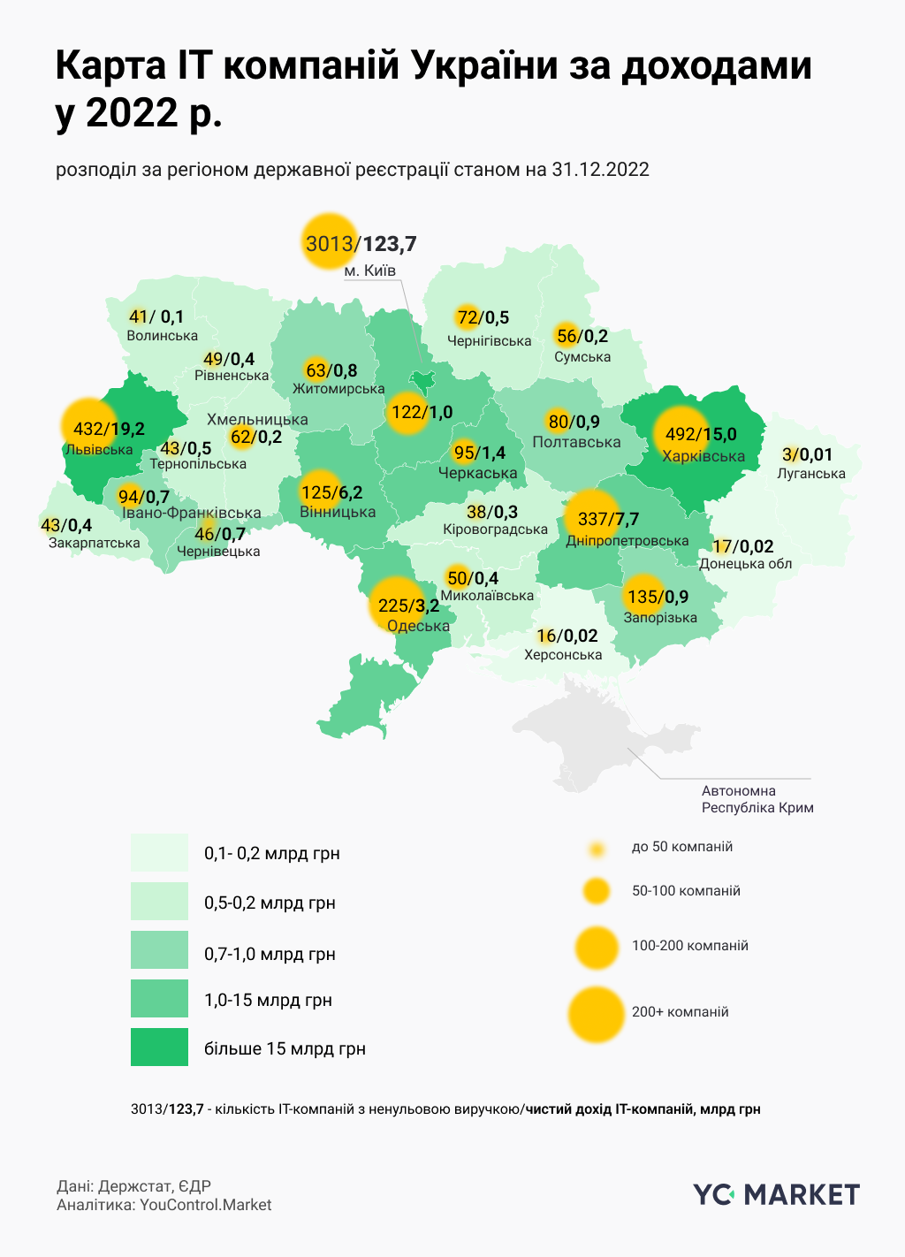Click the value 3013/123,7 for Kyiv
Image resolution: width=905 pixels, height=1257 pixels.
tap(361, 244)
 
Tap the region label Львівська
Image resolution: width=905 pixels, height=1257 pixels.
tap(98, 450)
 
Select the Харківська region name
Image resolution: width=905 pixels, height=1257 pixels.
tap(703, 457)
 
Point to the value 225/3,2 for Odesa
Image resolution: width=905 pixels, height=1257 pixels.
tap(408, 606)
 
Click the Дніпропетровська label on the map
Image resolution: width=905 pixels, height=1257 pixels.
tap(627, 540)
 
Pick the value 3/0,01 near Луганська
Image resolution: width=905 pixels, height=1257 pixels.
tap(807, 455)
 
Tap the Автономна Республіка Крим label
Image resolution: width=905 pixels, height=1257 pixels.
tap(757, 799)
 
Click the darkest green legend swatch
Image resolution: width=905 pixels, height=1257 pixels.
tap(159, 1047)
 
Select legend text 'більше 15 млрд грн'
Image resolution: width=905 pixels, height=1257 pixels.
tap(285, 1049)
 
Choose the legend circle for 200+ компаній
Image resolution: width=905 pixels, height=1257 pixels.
tap(597, 1013)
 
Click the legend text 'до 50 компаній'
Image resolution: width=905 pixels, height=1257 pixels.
tap(681, 847)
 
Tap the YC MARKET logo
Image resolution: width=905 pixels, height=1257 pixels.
tap(776, 1195)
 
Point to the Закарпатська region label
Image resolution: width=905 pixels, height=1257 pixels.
tap(94, 543)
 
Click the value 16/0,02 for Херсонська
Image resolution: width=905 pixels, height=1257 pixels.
tap(567, 636)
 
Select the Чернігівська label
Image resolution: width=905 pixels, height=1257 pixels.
tap(489, 341)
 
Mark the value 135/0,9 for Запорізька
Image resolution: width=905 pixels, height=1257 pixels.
tap(657, 597)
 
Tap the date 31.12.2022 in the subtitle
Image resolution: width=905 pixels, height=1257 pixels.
tap(600, 170)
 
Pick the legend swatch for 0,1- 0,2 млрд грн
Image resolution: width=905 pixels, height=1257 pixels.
tap(159, 853)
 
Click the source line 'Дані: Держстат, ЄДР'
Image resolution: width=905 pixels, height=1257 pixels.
tap(133, 1186)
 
